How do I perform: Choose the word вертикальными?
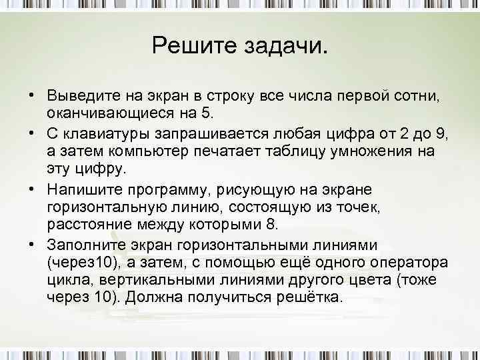pos(147,279)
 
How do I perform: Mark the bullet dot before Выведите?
pos(31,93)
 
